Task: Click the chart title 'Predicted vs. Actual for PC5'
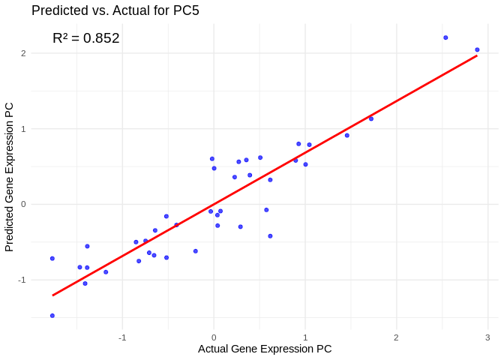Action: click(x=115, y=10)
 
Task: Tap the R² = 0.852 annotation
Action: click(x=85, y=38)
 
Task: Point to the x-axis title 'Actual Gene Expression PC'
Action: click(x=265, y=349)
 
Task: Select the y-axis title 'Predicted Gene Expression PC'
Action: click(x=10, y=177)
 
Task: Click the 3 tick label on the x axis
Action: click(x=487, y=337)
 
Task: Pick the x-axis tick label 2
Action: click(x=396, y=337)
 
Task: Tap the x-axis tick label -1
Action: click(x=122, y=337)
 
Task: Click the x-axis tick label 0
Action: click(x=214, y=337)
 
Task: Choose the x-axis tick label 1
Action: click(x=305, y=337)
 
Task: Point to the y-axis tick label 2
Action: click(x=24, y=53)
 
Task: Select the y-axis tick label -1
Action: click(x=22, y=280)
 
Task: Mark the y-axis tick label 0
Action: click(x=24, y=204)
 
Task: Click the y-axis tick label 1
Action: click(x=24, y=129)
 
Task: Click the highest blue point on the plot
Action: click(x=445, y=37)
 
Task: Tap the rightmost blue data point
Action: click(x=477, y=49)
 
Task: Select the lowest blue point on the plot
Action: click(x=52, y=316)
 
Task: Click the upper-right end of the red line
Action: click(x=477, y=55)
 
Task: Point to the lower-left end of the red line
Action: click(x=52, y=295)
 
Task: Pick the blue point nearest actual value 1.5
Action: click(x=346, y=135)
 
